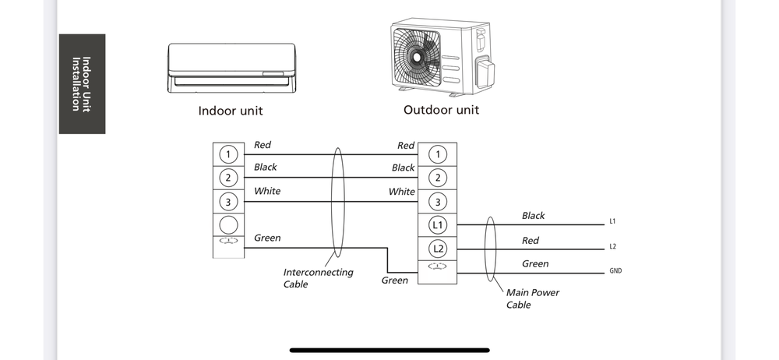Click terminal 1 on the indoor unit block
[x=228, y=154]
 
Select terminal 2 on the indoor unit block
[x=228, y=178]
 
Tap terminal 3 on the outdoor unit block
[x=438, y=202]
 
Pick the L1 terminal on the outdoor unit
[x=438, y=225]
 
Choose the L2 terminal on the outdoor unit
[x=438, y=249]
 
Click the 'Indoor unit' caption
[x=231, y=111]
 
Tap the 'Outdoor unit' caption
[x=441, y=110]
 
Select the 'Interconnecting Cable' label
[x=318, y=278]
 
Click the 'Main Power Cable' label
[x=533, y=298]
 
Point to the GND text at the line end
[x=615, y=271]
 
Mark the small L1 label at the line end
[x=613, y=222]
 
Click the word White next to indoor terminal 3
[x=267, y=191]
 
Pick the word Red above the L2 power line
[x=530, y=241]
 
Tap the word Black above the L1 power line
[x=534, y=216]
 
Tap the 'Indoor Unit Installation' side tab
[x=81, y=84]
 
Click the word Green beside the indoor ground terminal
[x=267, y=238]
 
